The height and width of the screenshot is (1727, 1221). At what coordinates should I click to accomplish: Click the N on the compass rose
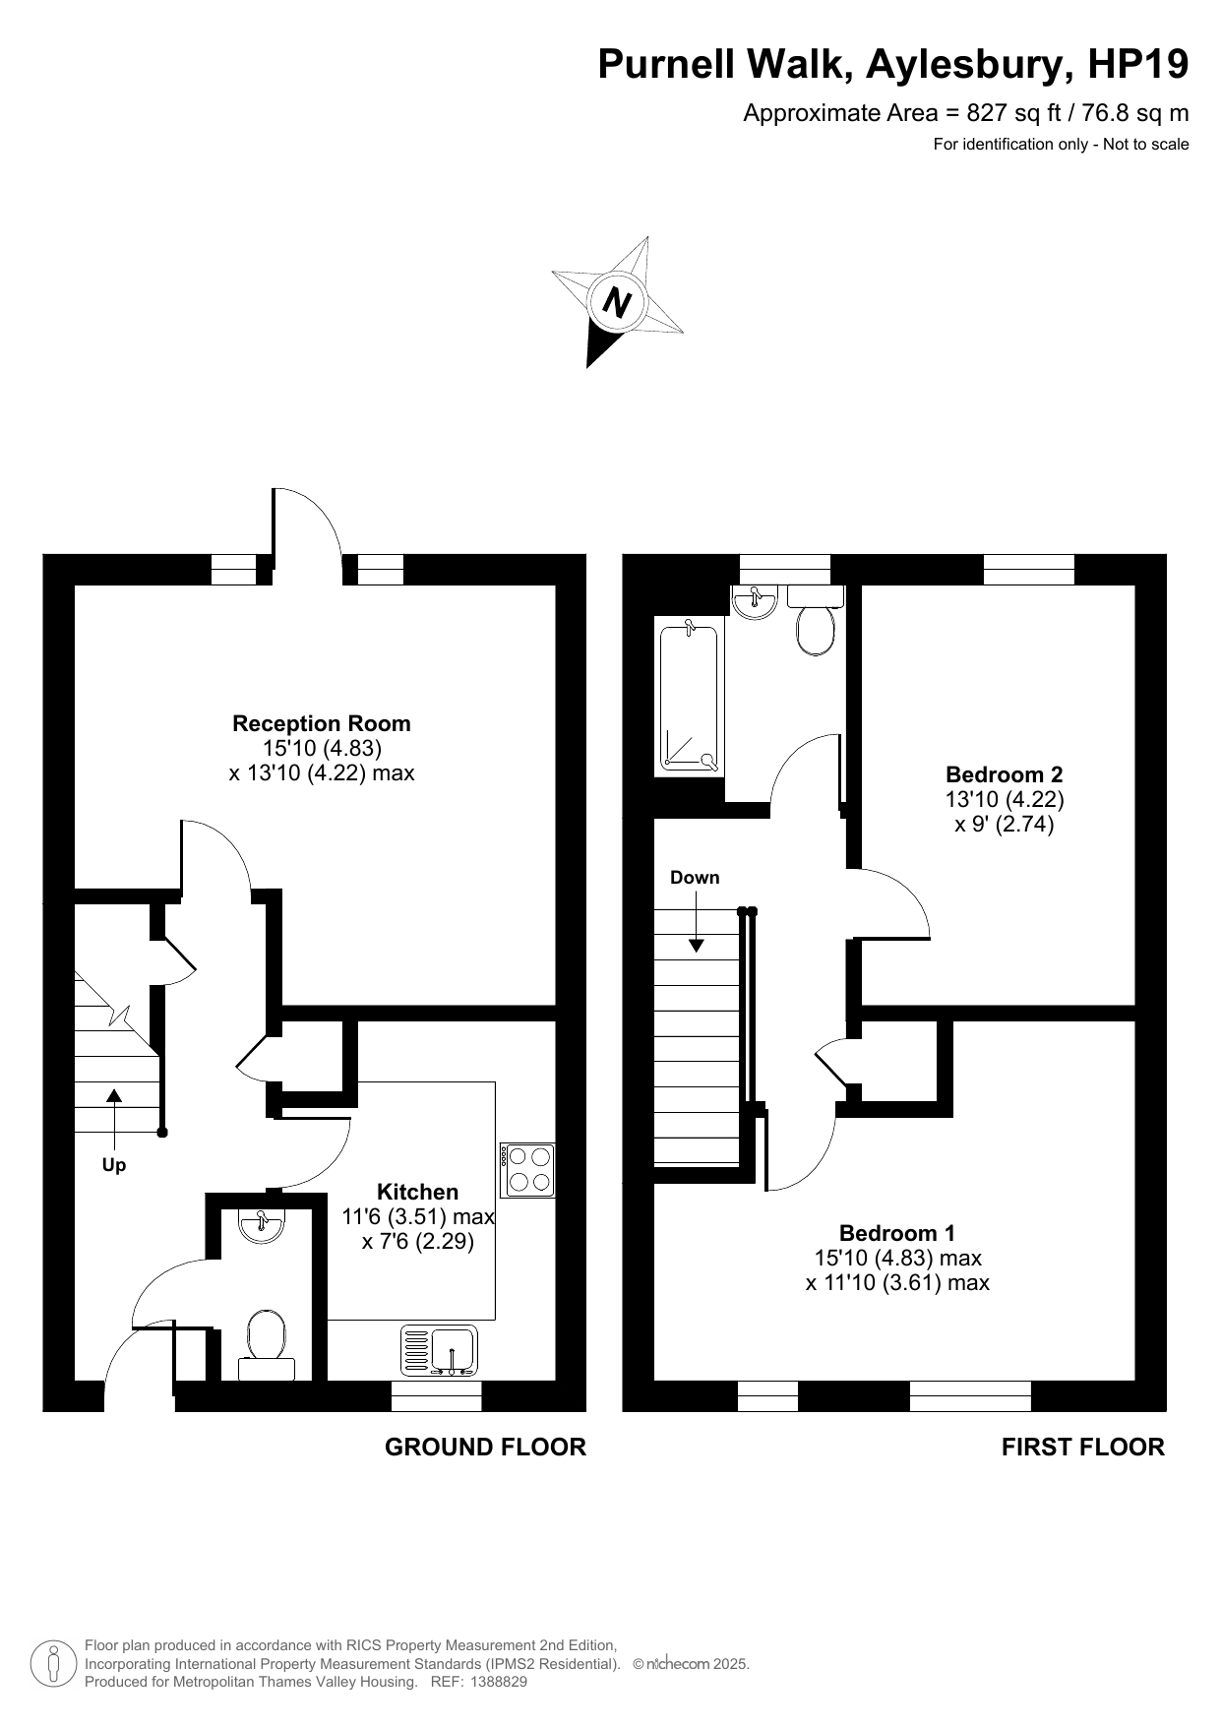(x=617, y=301)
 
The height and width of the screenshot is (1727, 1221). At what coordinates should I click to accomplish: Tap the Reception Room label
(x=322, y=723)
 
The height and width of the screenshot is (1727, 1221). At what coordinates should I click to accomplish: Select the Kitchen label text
(x=417, y=1192)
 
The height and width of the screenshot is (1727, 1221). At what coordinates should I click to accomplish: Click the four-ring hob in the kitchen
(x=528, y=1170)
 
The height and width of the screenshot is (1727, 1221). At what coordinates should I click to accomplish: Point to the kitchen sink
(x=439, y=1350)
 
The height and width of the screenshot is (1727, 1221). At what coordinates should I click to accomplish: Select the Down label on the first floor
(x=695, y=877)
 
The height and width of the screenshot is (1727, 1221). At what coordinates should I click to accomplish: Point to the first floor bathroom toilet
(x=816, y=621)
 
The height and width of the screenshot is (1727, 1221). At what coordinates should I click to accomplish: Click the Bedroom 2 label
(x=1005, y=774)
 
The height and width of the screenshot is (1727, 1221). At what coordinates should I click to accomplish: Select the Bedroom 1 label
(x=897, y=1233)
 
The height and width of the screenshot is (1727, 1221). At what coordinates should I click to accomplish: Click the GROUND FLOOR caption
(x=485, y=1447)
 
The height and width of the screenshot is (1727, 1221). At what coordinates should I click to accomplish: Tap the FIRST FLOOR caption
(x=1083, y=1447)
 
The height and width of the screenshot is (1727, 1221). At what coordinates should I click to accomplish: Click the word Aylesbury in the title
(x=970, y=65)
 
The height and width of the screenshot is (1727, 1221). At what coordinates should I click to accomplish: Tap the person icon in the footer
(x=53, y=1664)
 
